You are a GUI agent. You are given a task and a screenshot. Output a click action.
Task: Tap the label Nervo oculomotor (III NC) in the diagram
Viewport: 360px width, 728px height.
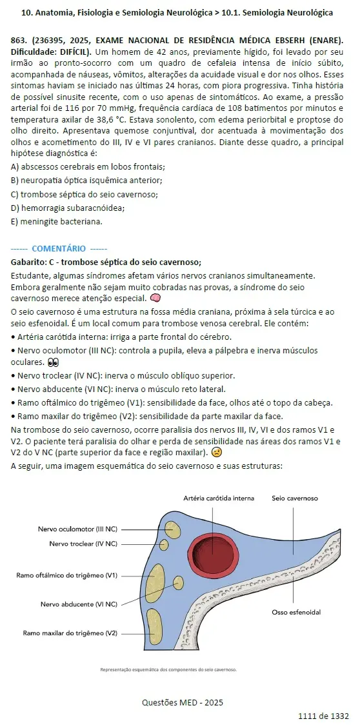[77, 529]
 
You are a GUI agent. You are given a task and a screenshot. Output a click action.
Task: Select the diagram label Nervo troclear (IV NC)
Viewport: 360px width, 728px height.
[83, 544]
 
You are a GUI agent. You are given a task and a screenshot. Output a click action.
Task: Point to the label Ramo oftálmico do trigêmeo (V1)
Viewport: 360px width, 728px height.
[67, 575]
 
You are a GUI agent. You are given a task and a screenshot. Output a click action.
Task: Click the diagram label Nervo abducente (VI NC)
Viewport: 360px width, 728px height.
[79, 604]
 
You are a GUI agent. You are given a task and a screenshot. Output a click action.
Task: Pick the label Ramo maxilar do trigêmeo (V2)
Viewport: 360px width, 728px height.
[70, 633]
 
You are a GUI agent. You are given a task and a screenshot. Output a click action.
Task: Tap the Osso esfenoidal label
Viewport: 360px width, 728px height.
[296, 612]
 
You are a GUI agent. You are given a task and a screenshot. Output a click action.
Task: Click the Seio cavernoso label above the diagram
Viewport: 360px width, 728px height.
[294, 498]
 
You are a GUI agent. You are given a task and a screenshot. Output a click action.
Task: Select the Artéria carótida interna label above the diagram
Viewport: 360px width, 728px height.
[219, 498]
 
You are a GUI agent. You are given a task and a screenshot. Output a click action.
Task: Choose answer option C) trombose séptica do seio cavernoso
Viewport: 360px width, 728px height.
[85, 194]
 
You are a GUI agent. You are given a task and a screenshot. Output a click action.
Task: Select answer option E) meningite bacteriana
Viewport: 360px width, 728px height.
[57, 222]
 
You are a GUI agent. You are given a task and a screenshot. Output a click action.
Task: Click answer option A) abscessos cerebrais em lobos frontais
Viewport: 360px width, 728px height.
[88, 166]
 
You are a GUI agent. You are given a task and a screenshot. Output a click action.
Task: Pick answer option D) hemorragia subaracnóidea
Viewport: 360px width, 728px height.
[68, 208]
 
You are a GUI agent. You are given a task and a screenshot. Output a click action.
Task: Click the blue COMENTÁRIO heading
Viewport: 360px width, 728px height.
[59, 248]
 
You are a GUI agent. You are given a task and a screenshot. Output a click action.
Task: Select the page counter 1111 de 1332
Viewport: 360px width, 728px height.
[323, 716]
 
